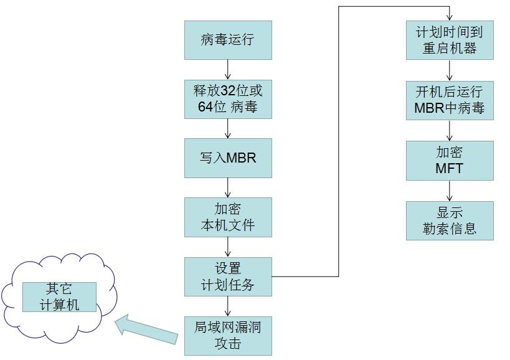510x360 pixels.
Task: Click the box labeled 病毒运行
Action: [x=228, y=40]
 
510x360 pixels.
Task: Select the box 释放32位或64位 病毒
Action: [x=228, y=99]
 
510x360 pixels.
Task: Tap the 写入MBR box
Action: [x=228, y=158]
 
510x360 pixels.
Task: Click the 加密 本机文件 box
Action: [x=228, y=217]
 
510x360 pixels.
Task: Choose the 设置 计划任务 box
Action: [x=228, y=277]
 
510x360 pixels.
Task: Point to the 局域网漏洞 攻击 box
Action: [x=228, y=335]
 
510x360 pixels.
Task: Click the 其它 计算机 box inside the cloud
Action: [x=59, y=297]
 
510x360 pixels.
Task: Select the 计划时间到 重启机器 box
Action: [x=450, y=40]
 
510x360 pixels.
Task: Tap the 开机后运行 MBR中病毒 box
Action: [x=450, y=100]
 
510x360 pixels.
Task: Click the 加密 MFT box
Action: [x=450, y=160]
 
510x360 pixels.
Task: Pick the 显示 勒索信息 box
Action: [x=450, y=220]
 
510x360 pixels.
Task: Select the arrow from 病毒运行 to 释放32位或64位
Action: [x=228, y=69]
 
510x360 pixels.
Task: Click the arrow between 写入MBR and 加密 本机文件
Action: [x=228, y=187]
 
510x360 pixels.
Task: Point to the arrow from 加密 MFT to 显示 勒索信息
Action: [x=450, y=191]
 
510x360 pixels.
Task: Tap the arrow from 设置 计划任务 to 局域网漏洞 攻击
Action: [x=228, y=306]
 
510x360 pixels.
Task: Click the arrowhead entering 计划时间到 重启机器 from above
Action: [x=450, y=17]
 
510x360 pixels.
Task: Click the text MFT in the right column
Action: [x=450, y=168]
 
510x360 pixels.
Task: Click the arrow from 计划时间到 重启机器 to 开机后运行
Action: [x=450, y=70]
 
